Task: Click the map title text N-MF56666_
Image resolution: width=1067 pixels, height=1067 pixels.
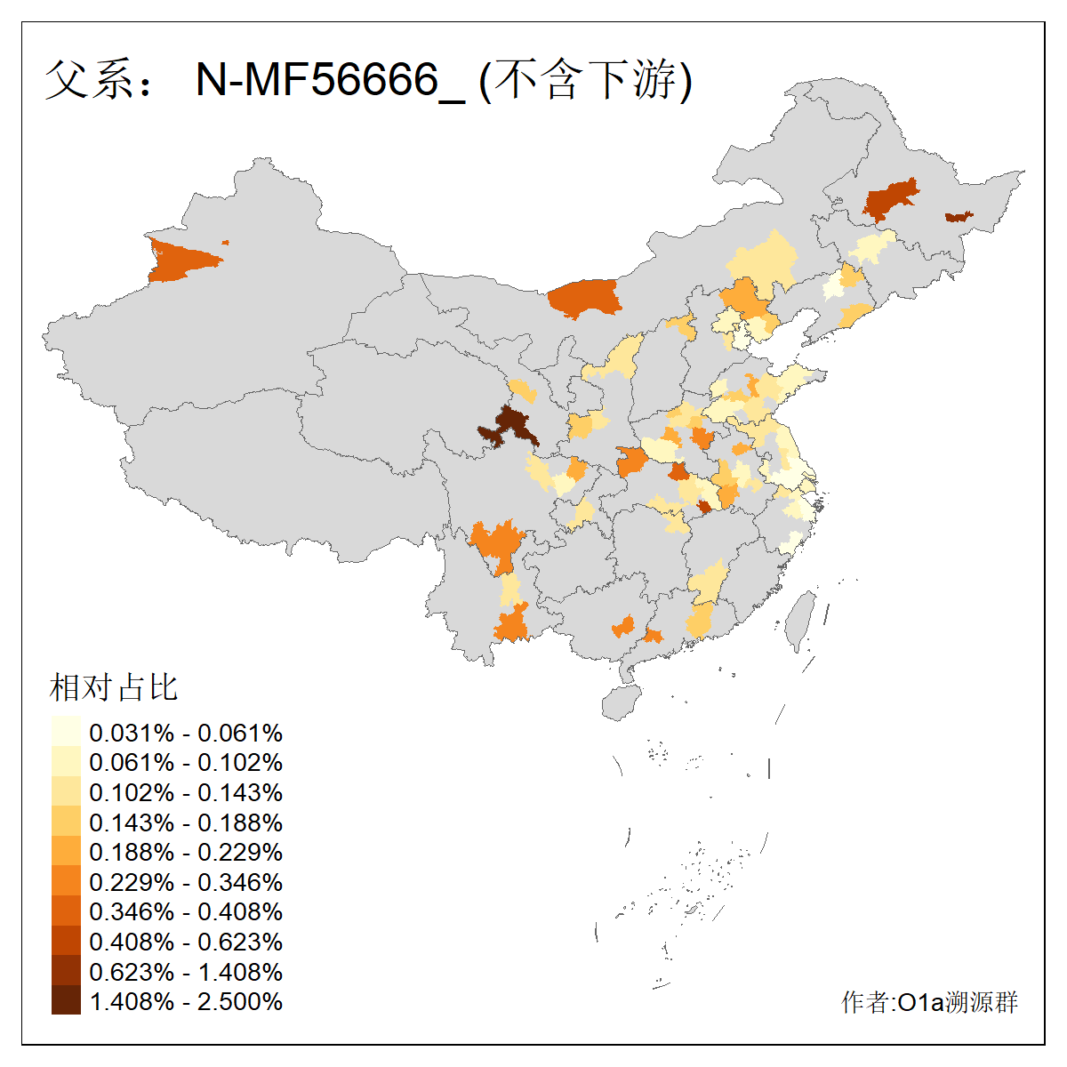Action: click(x=330, y=81)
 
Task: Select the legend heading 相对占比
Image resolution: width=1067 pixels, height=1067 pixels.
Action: click(x=114, y=687)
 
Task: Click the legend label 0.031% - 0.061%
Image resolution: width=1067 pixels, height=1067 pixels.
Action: click(x=186, y=734)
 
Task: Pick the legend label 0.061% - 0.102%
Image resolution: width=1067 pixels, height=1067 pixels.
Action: click(x=186, y=763)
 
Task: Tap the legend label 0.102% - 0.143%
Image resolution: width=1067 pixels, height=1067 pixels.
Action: click(x=186, y=793)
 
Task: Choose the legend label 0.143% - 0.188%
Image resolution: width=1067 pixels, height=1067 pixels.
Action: click(x=186, y=823)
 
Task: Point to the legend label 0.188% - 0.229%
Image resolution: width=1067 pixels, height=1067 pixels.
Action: click(x=186, y=853)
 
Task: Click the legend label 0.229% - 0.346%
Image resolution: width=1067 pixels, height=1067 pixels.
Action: click(x=186, y=883)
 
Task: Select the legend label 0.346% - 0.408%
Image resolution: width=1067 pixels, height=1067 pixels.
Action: click(x=186, y=912)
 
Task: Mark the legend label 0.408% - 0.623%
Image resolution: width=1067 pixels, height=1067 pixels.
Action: click(x=186, y=943)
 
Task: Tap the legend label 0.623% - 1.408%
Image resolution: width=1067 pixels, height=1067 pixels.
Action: click(x=186, y=973)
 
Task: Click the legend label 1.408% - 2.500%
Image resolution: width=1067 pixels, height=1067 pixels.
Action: click(x=186, y=1002)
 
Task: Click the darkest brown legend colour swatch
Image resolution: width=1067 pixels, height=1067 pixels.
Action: click(x=66, y=1001)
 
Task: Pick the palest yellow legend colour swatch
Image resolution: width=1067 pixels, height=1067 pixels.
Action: click(x=66, y=733)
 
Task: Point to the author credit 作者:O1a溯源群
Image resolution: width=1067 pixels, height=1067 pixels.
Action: click(x=929, y=1003)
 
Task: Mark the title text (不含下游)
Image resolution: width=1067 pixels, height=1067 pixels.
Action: click(x=585, y=81)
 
